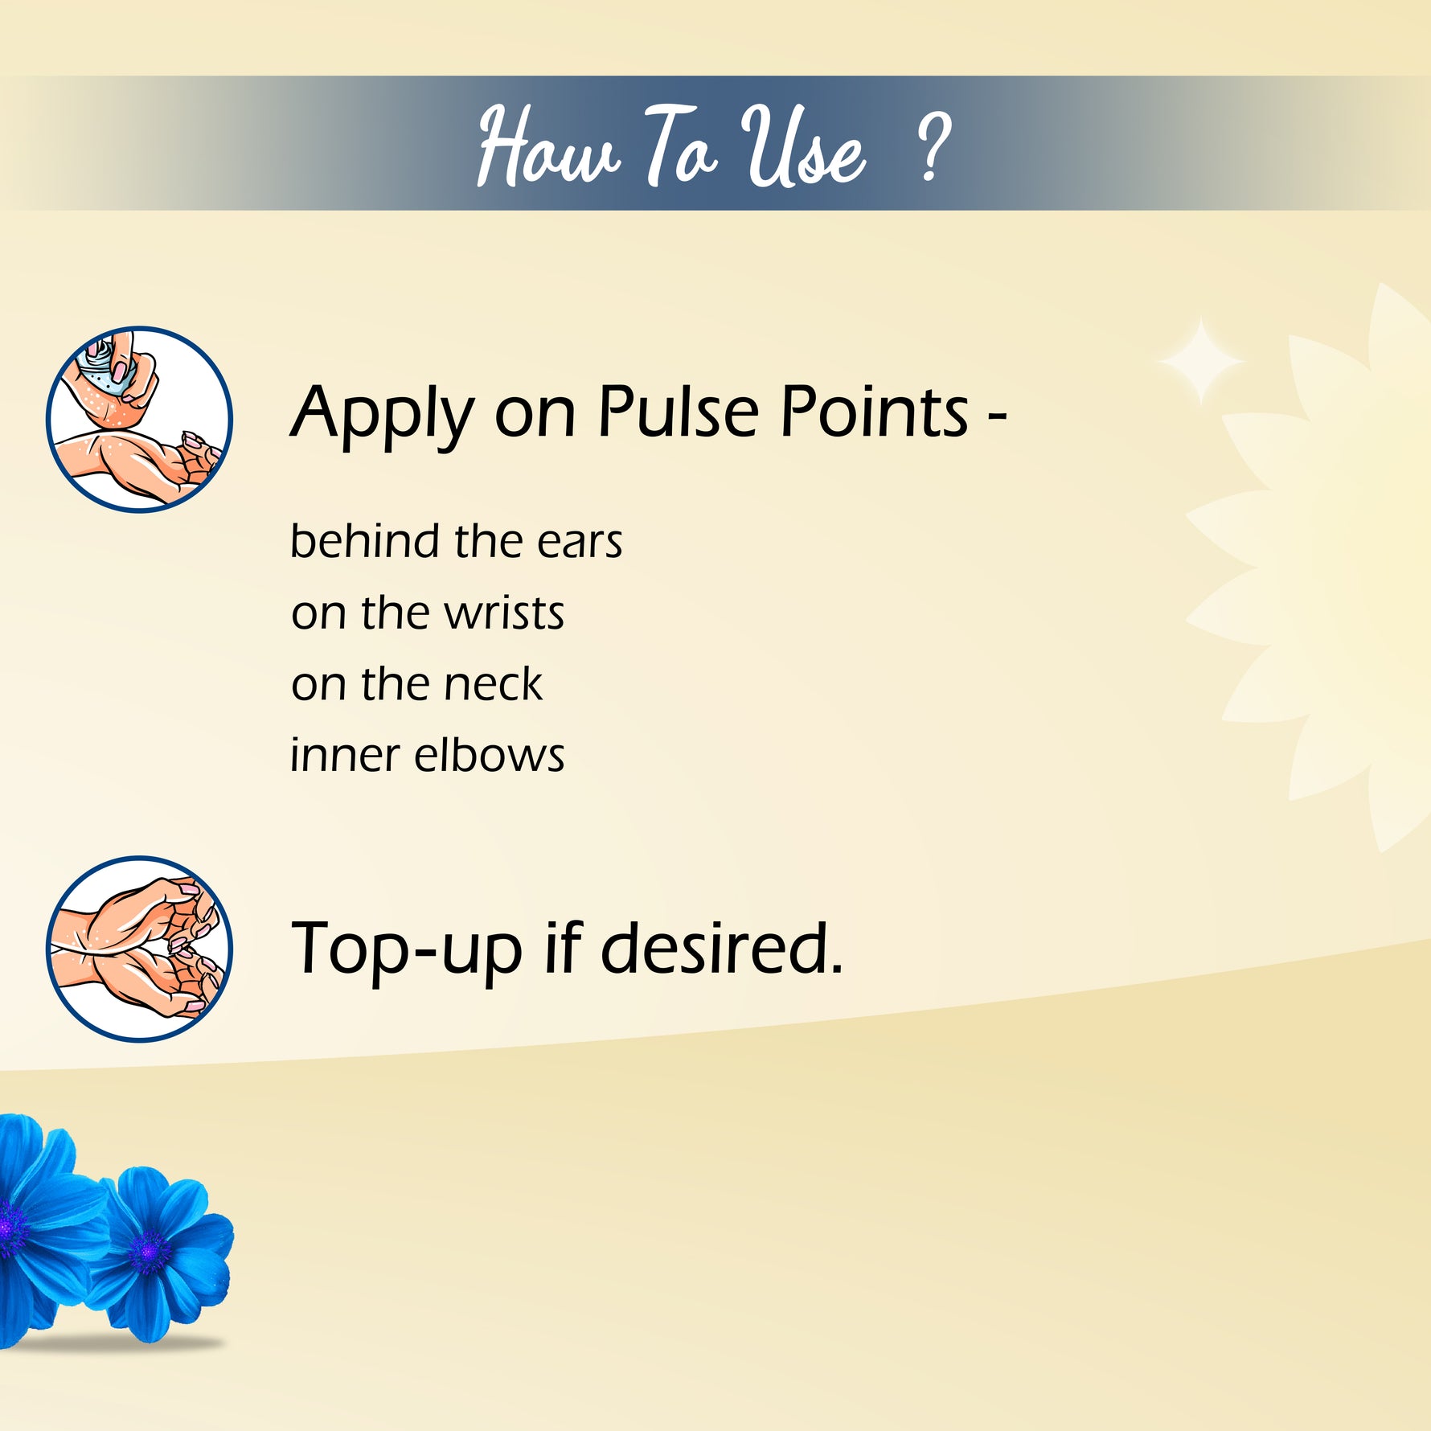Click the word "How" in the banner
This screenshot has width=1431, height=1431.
click(548, 146)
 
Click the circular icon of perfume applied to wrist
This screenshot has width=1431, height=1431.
click(139, 419)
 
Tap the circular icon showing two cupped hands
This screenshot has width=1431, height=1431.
click(139, 949)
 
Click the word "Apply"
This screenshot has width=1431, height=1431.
click(383, 415)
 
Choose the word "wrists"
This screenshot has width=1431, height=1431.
click(505, 613)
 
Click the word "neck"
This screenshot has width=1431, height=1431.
click(493, 684)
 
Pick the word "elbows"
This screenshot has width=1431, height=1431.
click(489, 755)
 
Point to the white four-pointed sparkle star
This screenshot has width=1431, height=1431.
click(1200, 362)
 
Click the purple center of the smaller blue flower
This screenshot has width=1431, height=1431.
click(150, 1251)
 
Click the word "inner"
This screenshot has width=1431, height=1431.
click(344, 755)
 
